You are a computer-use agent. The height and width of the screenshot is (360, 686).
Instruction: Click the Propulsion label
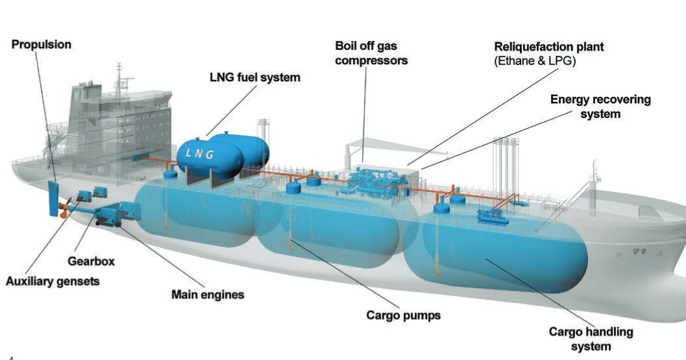[41, 45]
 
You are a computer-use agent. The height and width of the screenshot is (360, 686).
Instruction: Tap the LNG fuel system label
[255, 77]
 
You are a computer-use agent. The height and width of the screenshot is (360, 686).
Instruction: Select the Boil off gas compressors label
[371, 53]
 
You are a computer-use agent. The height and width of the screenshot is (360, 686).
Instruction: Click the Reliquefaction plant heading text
[549, 47]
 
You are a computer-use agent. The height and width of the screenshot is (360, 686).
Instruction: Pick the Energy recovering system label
[600, 106]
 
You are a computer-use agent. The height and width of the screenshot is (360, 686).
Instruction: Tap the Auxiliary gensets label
[53, 282]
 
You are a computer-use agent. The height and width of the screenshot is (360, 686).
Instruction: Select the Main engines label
[208, 294]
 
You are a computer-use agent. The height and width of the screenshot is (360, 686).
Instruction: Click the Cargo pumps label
[403, 316]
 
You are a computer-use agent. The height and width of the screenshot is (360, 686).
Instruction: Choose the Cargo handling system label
[591, 339]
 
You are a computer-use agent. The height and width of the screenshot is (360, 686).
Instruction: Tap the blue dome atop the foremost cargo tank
[443, 209]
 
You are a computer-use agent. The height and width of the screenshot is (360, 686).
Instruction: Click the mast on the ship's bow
[593, 175]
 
